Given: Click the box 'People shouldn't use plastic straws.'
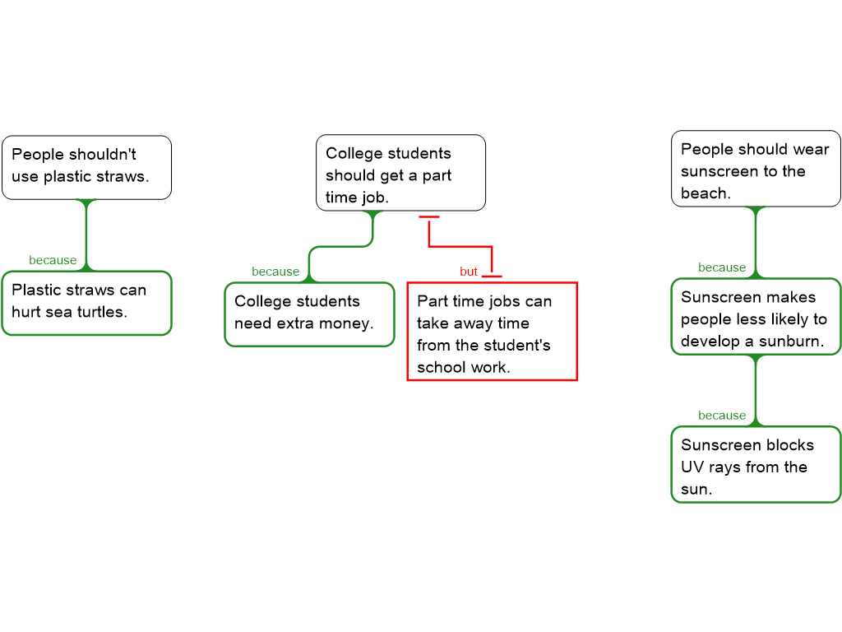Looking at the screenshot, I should click(86, 167).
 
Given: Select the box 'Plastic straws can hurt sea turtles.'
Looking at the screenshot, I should click(86, 303).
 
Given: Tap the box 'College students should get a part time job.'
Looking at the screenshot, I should click(400, 173).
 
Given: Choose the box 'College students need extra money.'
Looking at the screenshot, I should click(309, 314).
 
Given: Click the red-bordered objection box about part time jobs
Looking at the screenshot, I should click(492, 332).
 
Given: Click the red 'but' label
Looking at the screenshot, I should click(469, 272).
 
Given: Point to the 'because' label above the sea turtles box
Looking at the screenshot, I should click(53, 260).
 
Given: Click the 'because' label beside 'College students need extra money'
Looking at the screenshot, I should click(275, 272).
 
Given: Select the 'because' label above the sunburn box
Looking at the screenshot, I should click(722, 267).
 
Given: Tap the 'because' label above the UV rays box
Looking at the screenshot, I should click(722, 416).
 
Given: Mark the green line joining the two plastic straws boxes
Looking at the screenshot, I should click(86, 235).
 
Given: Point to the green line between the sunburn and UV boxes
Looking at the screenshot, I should click(756, 391).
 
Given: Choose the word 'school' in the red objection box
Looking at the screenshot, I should click(438, 367).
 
